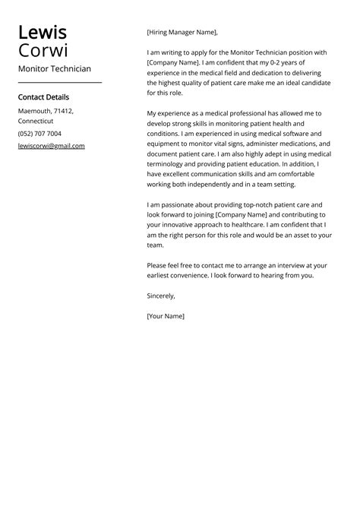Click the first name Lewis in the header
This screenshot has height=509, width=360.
pos(43,33)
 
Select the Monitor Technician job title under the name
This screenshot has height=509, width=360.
pos(54,69)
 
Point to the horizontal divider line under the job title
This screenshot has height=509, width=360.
pos(59,82)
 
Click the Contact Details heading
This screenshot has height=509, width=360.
pos(43,97)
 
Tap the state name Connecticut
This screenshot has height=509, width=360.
pos(36,122)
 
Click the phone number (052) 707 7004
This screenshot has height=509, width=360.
pos(39,134)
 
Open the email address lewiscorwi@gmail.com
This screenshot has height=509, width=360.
pos(51,146)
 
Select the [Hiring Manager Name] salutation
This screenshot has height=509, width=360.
pos(182,33)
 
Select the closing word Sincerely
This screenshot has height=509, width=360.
pos(161,296)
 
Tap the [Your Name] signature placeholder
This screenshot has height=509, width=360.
pos(166,316)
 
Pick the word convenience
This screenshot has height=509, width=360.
pos(198,276)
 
